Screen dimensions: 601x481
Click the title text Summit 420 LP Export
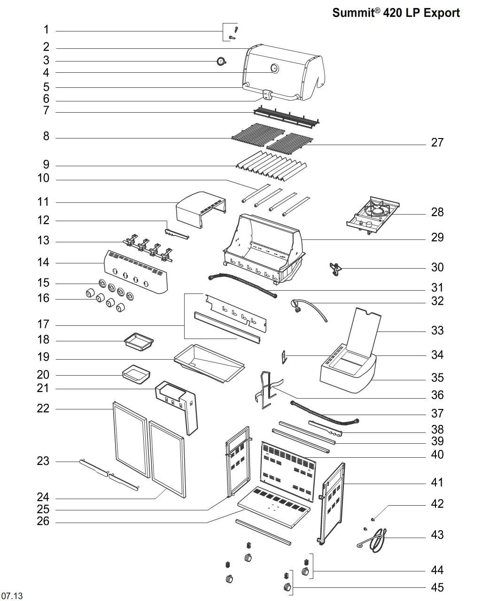tap(396, 13)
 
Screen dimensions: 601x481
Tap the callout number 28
tap(437, 212)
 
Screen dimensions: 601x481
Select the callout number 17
tap(43, 324)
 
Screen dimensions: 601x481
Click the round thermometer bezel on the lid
tap(274, 69)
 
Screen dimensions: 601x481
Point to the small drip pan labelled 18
tap(139, 341)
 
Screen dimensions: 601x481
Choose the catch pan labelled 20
tap(136, 374)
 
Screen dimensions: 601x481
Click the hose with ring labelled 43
tap(376, 540)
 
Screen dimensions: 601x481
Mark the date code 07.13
tap(11, 596)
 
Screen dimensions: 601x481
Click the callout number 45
tap(437, 587)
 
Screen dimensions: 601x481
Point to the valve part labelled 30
tap(335, 269)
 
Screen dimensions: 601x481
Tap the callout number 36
tap(437, 395)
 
